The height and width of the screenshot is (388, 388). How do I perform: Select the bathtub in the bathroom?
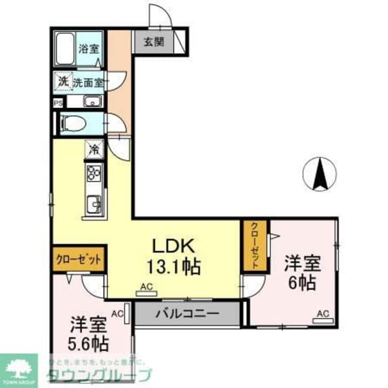click(65, 47)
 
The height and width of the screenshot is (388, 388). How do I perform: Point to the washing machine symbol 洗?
click(63, 82)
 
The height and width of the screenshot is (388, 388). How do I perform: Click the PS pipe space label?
click(58, 102)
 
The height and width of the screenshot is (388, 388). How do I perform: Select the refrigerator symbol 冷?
click(94, 150)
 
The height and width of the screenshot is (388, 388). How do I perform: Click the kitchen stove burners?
click(93, 174)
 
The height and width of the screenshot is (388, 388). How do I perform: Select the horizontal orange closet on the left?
click(78, 258)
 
